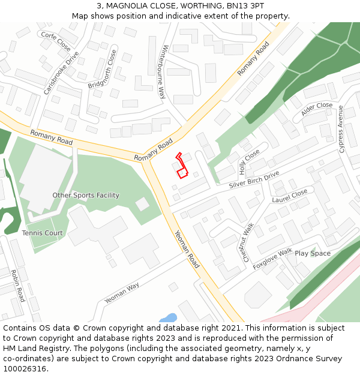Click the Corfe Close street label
pyautogui.click(x=56, y=41)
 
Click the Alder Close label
pyautogui.click(x=317, y=109)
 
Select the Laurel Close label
pyautogui.click(x=289, y=196)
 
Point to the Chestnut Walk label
pyautogui.click(x=248, y=242)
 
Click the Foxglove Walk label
pyautogui.click(x=272, y=259)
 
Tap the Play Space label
pyautogui.click(x=312, y=253)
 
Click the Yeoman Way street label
pyautogui.click(x=122, y=292)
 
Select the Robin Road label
pyautogui.click(x=17, y=286)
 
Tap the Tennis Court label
pyautogui.click(x=42, y=233)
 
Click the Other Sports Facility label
pyautogui.click(x=86, y=195)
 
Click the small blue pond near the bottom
pyautogui.click(x=169, y=318)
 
